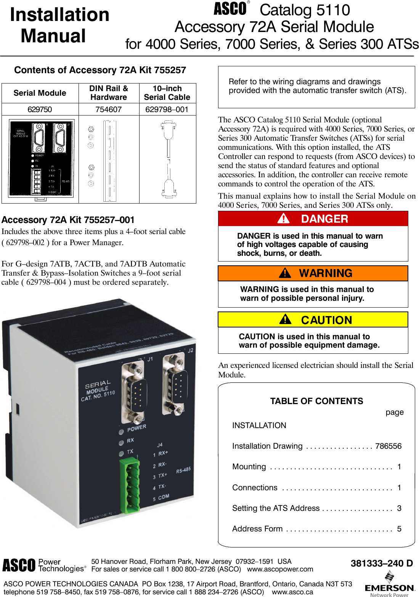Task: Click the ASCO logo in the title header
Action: [x=230, y=9]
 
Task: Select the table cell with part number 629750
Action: [x=40, y=109]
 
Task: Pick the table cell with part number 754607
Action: [x=109, y=109]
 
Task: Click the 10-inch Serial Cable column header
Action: [x=167, y=93]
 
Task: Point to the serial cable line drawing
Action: [x=168, y=159]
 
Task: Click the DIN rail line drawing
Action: [x=109, y=160]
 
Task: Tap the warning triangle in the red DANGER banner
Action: [x=283, y=218]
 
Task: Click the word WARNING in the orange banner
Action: [x=326, y=273]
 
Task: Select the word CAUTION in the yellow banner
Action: [x=326, y=320]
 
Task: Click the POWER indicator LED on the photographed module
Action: [x=121, y=432]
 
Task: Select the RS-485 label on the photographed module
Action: [x=183, y=470]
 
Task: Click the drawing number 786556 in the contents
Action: [x=388, y=446]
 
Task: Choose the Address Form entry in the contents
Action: [x=257, y=529]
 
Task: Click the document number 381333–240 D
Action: [x=382, y=563]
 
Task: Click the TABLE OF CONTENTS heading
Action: [x=316, y=401]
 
